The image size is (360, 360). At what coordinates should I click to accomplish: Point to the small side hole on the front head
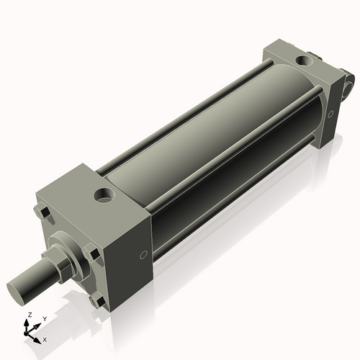tap(143, 253)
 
